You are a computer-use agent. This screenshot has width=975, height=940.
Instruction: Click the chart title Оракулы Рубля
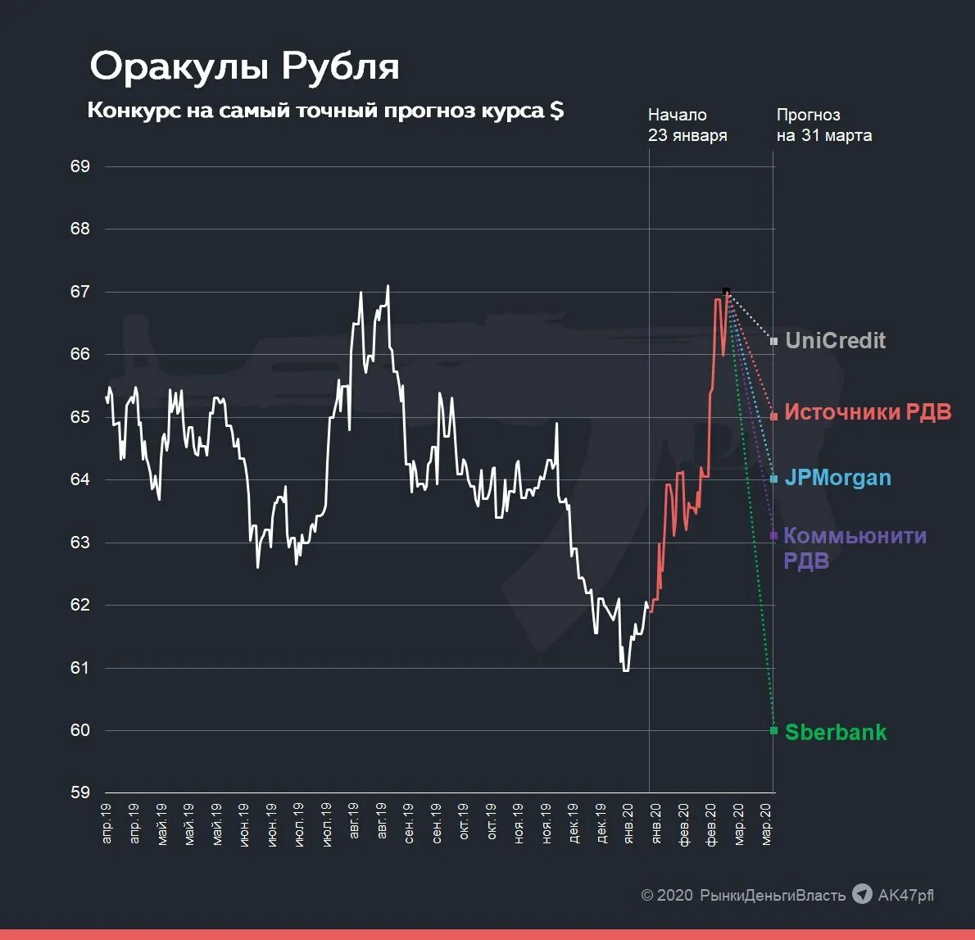pyautogui.click(x=244, y=66)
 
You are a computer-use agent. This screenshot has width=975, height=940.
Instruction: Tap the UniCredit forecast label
pyautogui.click(x=835, y=341)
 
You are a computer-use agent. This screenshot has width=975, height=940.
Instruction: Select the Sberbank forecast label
pyautogui.click(x=835, y=733)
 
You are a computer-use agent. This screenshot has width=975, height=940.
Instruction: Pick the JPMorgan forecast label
pyautogui.click(x=837, y=478)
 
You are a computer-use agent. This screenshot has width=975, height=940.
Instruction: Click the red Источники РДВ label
pyautogui.click(x=868, y=412)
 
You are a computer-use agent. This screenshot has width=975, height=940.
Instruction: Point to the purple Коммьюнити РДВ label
pyautogui.click(x=855, y=547)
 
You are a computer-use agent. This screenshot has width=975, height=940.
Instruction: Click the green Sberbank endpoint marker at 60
pyautogui.click(x=773, y=730)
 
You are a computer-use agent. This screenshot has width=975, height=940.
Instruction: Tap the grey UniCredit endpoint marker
pyautogui.click(x=773, y=341)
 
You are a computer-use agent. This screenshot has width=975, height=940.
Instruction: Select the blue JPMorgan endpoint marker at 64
pyautogui.click(x=773, y=479)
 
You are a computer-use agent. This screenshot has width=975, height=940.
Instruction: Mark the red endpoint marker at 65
pyautogui.click(x=773, y=417)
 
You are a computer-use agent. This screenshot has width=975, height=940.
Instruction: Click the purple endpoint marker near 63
pyautogui.click(x=773, y=536)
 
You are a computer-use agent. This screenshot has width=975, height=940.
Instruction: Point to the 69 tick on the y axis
pyautogui.click(x=80, y=166)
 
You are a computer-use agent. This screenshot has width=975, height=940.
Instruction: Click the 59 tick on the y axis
pyautogui.click(x=80, y=792)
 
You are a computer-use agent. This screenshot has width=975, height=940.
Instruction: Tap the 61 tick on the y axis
pyautogui.click(x=80, y=668)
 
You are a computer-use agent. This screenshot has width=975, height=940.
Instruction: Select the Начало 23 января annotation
pyautogui.click(x=687, y=125)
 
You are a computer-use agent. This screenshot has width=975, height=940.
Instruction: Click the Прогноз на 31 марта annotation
pyautogui.click(x=823, y=125)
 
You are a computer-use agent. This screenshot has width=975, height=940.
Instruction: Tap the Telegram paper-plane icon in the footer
pyautogui.click(x=862, y=894)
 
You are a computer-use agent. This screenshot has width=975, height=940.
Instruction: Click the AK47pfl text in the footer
pyautogui.click(x=905, y=895)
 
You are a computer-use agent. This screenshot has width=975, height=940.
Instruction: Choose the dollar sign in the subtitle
pyautogui.click(x=556, y=111)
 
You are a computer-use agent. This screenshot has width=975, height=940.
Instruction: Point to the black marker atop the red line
pyautogui.click(x=726, y=291)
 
